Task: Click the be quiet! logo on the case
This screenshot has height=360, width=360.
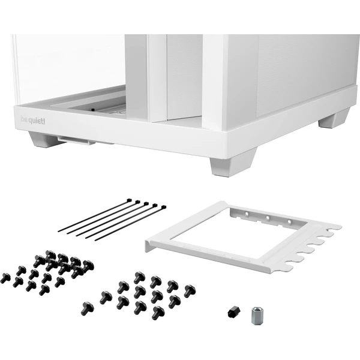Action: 33,121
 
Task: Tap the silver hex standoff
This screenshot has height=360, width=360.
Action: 256,316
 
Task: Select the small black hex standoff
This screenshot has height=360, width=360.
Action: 234,312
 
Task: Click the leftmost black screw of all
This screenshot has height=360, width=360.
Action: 5,278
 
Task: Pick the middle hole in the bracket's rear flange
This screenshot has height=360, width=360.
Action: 268,217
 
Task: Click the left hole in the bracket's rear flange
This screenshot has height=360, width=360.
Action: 247,214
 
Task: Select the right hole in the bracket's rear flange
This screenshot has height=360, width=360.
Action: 289,222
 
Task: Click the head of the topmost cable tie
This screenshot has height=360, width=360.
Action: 129,200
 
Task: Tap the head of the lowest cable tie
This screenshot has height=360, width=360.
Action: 163,208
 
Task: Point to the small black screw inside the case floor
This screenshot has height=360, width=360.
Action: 92,110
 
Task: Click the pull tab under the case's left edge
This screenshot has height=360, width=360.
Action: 76,140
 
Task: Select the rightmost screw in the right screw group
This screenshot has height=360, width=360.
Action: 190,290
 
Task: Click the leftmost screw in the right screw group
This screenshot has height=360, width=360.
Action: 87,308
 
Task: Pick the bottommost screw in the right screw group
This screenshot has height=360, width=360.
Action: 158,313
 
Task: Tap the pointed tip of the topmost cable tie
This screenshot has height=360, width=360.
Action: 59,231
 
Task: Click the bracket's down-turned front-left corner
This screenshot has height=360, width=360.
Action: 148,246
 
